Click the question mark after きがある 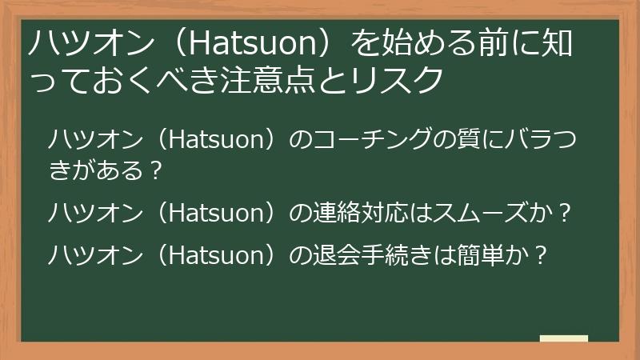tap(158, 170)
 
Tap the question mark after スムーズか tap(566, 213)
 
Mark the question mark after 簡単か tap(542, 255)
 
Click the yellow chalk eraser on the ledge tap(564, 339)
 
